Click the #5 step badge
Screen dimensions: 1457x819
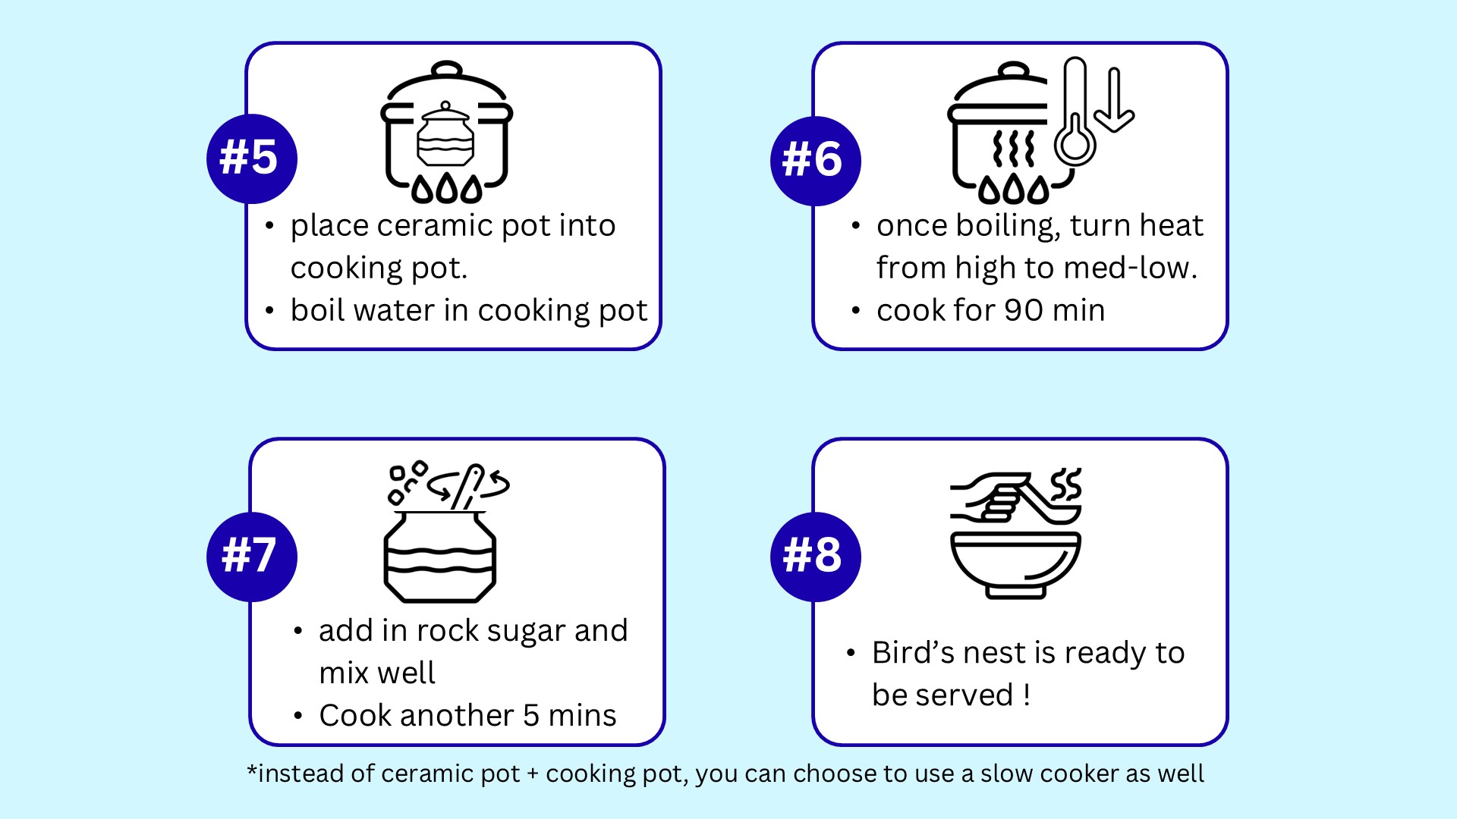point(252,158)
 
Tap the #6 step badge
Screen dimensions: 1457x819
point(816,161)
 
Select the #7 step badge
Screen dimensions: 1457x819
point(252,557)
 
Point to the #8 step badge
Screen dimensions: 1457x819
point(816,557)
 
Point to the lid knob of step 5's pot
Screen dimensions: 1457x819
point(447,70)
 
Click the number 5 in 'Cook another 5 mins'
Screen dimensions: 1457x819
point(531,716)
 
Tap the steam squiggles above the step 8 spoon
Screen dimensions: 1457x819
point(1065,484)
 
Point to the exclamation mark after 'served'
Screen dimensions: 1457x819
point(1027,695)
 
